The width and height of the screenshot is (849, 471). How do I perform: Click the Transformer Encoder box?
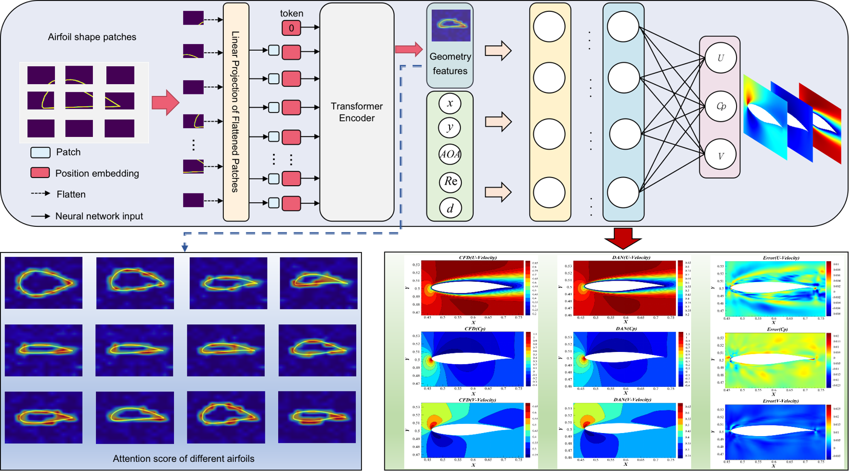coord(357,112)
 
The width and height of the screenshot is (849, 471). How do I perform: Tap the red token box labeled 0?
coord(291,28)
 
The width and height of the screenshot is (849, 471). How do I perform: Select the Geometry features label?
coord(450,64)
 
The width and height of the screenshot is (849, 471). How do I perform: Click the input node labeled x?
coord(450,104)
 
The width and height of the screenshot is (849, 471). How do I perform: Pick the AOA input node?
coord(450,154)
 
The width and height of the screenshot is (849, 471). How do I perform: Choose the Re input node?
coord(450,181)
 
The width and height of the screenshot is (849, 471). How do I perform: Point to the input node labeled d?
coord(450,208)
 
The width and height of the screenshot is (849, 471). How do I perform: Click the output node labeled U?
coord(720,58)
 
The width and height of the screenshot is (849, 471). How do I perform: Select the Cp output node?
coord(720,106)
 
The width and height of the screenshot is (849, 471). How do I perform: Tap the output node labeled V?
coord(720,155)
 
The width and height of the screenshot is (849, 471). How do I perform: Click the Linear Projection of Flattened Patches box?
coord(236,112)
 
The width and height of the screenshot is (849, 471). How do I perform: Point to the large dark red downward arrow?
coord(623,238)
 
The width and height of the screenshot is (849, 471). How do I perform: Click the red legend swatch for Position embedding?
coord(40,173)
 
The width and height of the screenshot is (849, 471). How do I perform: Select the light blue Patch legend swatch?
coord(40,152)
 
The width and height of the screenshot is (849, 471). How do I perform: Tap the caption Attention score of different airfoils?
coord(183,459)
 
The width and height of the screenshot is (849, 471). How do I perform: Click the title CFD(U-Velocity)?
coord(477,258)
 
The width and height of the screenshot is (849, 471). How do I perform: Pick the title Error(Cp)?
coord(777,329)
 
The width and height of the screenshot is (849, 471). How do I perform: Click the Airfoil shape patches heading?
coord(92,37)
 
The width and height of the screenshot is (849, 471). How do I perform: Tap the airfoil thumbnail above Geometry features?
coord(451,25)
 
